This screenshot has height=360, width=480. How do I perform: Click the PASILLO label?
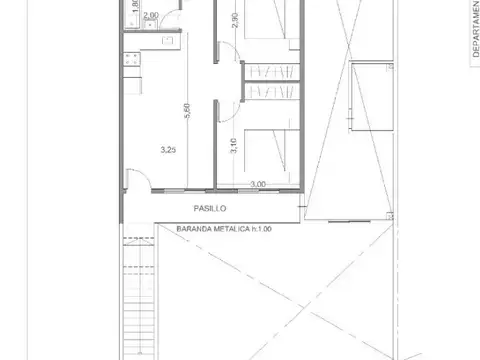tap(211, 210)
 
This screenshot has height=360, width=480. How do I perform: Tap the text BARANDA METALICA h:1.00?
tap(224, 229)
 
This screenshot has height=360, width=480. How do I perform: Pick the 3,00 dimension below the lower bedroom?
tap(258, 184)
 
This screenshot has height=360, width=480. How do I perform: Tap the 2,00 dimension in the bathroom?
tap(150, 16)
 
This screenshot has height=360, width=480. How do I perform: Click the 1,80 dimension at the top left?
tap(134, 11)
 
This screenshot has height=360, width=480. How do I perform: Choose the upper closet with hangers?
tap(270, 72)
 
